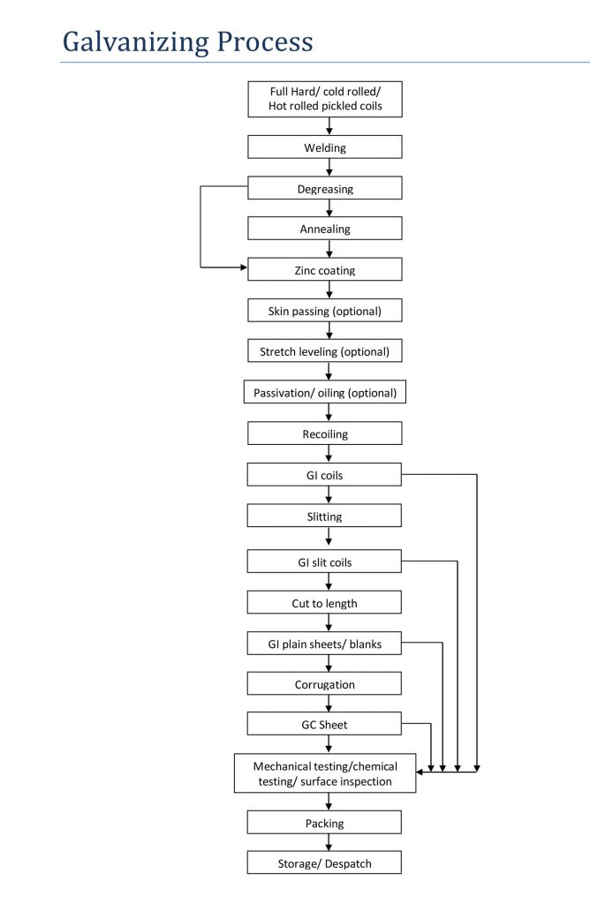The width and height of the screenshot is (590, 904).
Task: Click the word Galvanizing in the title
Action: [x=136, y=42]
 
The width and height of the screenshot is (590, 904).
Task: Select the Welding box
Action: [x=325, y=147]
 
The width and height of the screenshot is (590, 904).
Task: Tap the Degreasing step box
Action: [x=325, y=188]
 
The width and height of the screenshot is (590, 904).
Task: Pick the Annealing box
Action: [x=325, y=229]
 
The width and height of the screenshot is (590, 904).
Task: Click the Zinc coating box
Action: [x=325, y=269]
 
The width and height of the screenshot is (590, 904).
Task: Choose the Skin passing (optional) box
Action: [x=325, y=310]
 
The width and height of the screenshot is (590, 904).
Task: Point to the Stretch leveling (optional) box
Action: [x=325, y=350]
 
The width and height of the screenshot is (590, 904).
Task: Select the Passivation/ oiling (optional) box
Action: [x=325, y=392]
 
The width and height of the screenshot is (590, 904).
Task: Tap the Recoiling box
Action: [x=325, y=433]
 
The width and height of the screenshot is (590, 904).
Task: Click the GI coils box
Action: [x=324, y=474]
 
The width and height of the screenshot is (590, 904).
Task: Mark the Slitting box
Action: [x=324, y=516]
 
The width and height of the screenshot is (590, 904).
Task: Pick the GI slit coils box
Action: [x=324, y=561]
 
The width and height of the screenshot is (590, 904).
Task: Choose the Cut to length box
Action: [x=324, y=602]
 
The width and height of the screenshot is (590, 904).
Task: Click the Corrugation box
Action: [x=324, y=683]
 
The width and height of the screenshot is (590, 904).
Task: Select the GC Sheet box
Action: [x=324, y=724]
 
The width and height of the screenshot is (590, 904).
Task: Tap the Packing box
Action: [x=324, y=822]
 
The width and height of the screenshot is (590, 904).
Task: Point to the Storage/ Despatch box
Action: [x=324, y=863]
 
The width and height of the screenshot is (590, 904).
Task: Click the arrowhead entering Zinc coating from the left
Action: [x=244, y=267]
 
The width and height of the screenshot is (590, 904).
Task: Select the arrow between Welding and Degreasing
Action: [x=329, y=167]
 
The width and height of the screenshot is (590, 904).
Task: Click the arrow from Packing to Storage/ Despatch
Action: [x=329, y=842]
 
